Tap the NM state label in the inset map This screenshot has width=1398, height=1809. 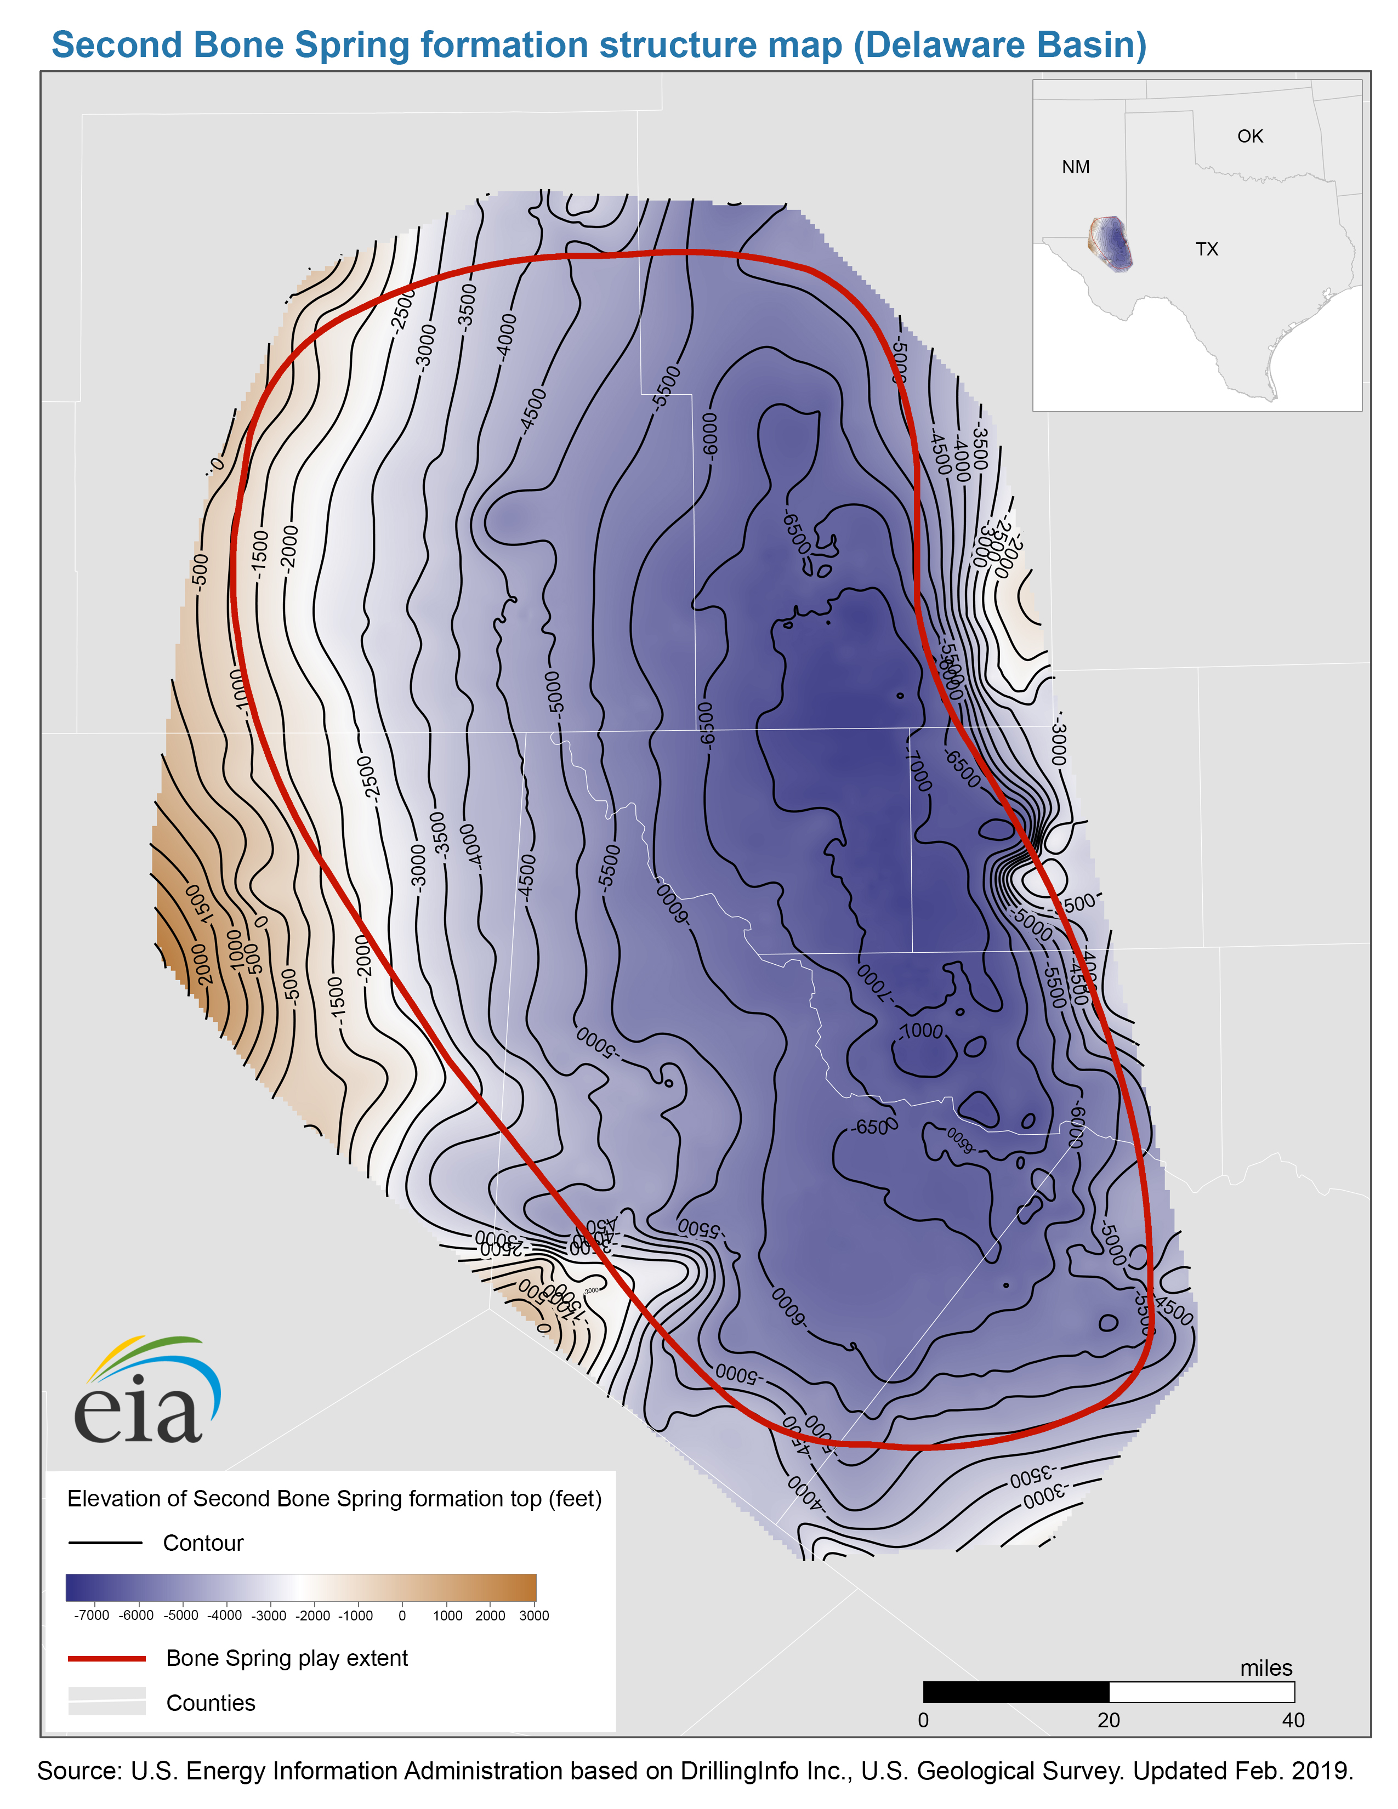pyautogui.click(x=1075, y=167)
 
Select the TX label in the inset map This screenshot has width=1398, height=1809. pyautogui.click(x=1206, y=249)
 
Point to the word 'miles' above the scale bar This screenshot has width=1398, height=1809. pyautogui.click(x=1265, y=1668)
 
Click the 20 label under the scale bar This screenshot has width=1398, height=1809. pyautogui.click(x=1108, y=1720)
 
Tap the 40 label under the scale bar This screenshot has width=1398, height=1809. pyautogui.click(x=1292, y=1720)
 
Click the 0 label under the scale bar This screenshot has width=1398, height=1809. pyautogui.click(x=923, y=1720)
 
